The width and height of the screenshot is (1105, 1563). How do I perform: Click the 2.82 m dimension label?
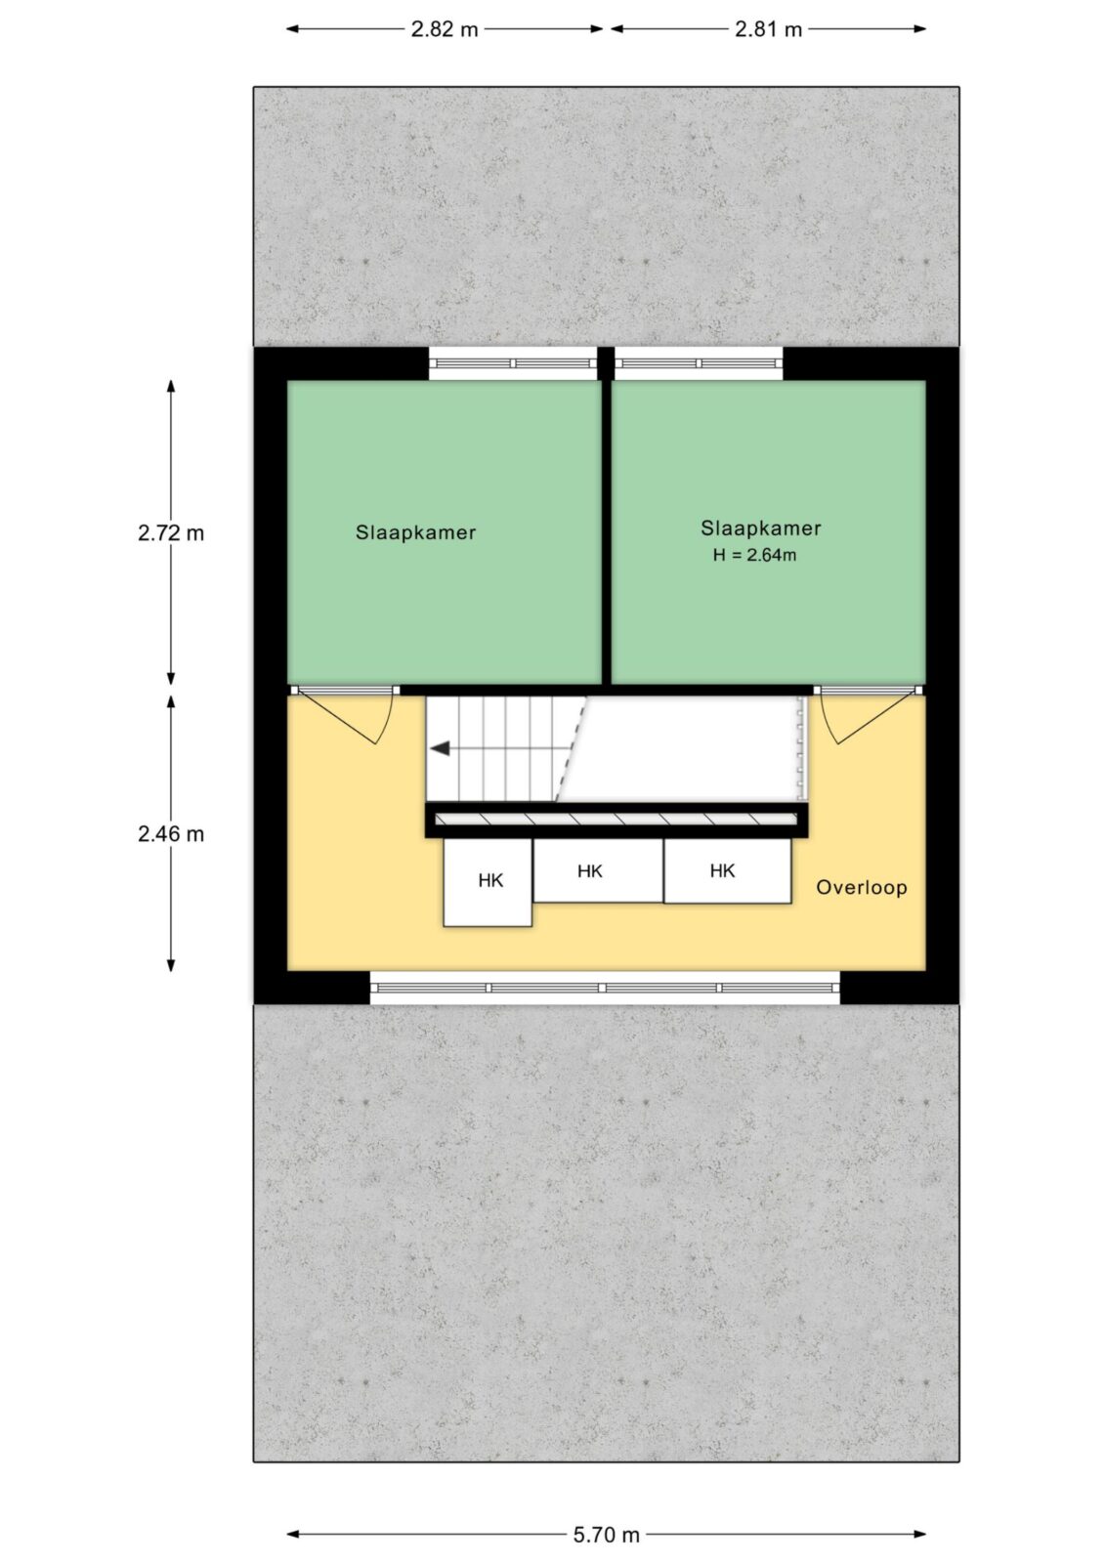coord(444,29)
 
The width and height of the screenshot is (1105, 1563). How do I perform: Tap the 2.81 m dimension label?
coord(768,29)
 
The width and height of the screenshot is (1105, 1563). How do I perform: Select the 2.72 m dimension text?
coord(171,533)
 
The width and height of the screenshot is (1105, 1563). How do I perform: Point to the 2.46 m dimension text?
coord(171,834)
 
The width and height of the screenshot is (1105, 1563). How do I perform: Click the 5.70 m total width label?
coord(606,1535)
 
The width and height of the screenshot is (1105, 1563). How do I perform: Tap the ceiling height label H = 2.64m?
coord(754,556)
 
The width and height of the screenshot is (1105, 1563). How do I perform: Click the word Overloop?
coord(862,888)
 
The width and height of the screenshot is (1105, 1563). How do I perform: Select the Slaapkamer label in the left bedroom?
coord(416,532)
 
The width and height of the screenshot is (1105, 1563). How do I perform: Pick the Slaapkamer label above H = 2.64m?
coord(761,528)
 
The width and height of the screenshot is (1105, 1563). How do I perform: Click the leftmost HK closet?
coord(488,882)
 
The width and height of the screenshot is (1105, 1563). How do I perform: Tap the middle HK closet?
coord(598,870)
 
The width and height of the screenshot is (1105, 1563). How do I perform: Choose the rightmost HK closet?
coord(727,870)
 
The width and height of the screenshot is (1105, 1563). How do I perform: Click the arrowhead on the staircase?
coord(440,748)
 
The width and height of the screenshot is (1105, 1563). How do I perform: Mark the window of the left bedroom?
coord(513,363)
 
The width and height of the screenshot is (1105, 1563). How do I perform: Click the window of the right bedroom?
coord(698,363)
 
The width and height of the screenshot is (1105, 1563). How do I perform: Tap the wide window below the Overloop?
coord(605,988)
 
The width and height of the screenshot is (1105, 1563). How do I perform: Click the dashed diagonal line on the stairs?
coord(571,748)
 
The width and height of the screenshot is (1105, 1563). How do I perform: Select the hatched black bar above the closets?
coord(616,820)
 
